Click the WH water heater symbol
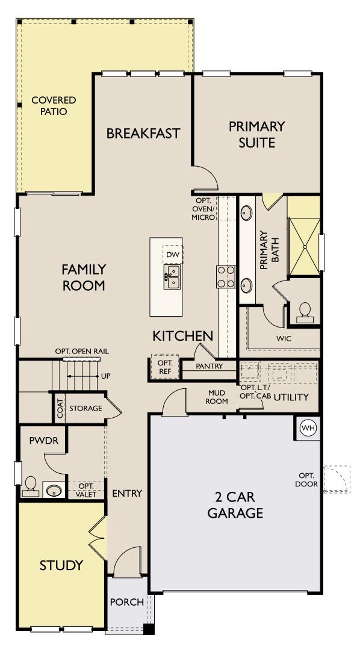[308, 428]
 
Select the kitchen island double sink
[172, 278]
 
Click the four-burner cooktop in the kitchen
[226, 277]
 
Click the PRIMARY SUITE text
[256, 134]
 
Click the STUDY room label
[61, 565]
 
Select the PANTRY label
[209, 366]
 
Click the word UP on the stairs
[106, 376]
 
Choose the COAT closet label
[60, 409]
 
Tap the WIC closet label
[284, 339]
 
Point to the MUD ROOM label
[217, 397]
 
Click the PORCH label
[127, 601]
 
